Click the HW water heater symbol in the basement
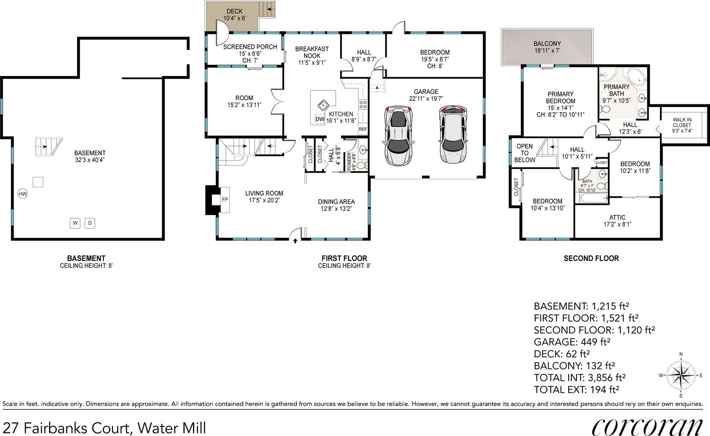(23, 194)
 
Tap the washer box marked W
(75, 223)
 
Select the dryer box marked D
(90, 223)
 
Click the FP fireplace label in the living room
(225, 200)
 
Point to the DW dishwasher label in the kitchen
(320, 120)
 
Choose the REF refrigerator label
(363, 129)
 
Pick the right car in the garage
(454, 135)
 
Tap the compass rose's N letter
(681, 354)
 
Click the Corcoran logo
(647, 427)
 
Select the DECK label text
(234, 11)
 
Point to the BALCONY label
(547, 44)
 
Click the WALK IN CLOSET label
(682, 123)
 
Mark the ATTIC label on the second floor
(617, 217)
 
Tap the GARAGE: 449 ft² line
(572, 342)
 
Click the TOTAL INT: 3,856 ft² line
(580, 378)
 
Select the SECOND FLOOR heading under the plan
(591, 258)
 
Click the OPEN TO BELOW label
(525, 153)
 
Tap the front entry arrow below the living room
(295, 241)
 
